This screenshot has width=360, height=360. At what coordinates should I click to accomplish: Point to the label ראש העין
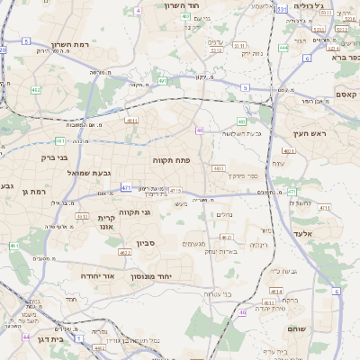307,134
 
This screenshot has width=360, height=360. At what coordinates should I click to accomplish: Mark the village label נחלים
225,214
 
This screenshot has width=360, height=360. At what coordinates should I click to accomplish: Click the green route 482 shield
36,90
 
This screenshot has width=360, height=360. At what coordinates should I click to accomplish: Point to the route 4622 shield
125,252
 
